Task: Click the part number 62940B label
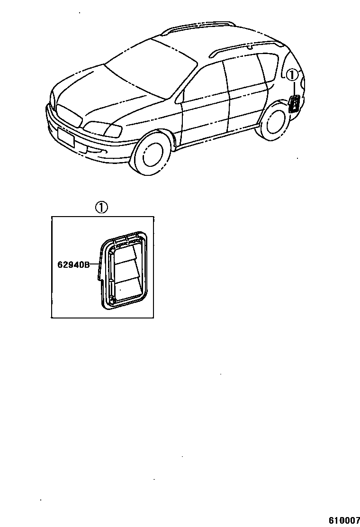[x=73, y=265]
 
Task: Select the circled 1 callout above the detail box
[x=102, y=208]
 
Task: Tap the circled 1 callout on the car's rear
[x=292, y=74]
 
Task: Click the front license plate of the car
[x=66, y=136]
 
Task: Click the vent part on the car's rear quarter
[x=294, y=103]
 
